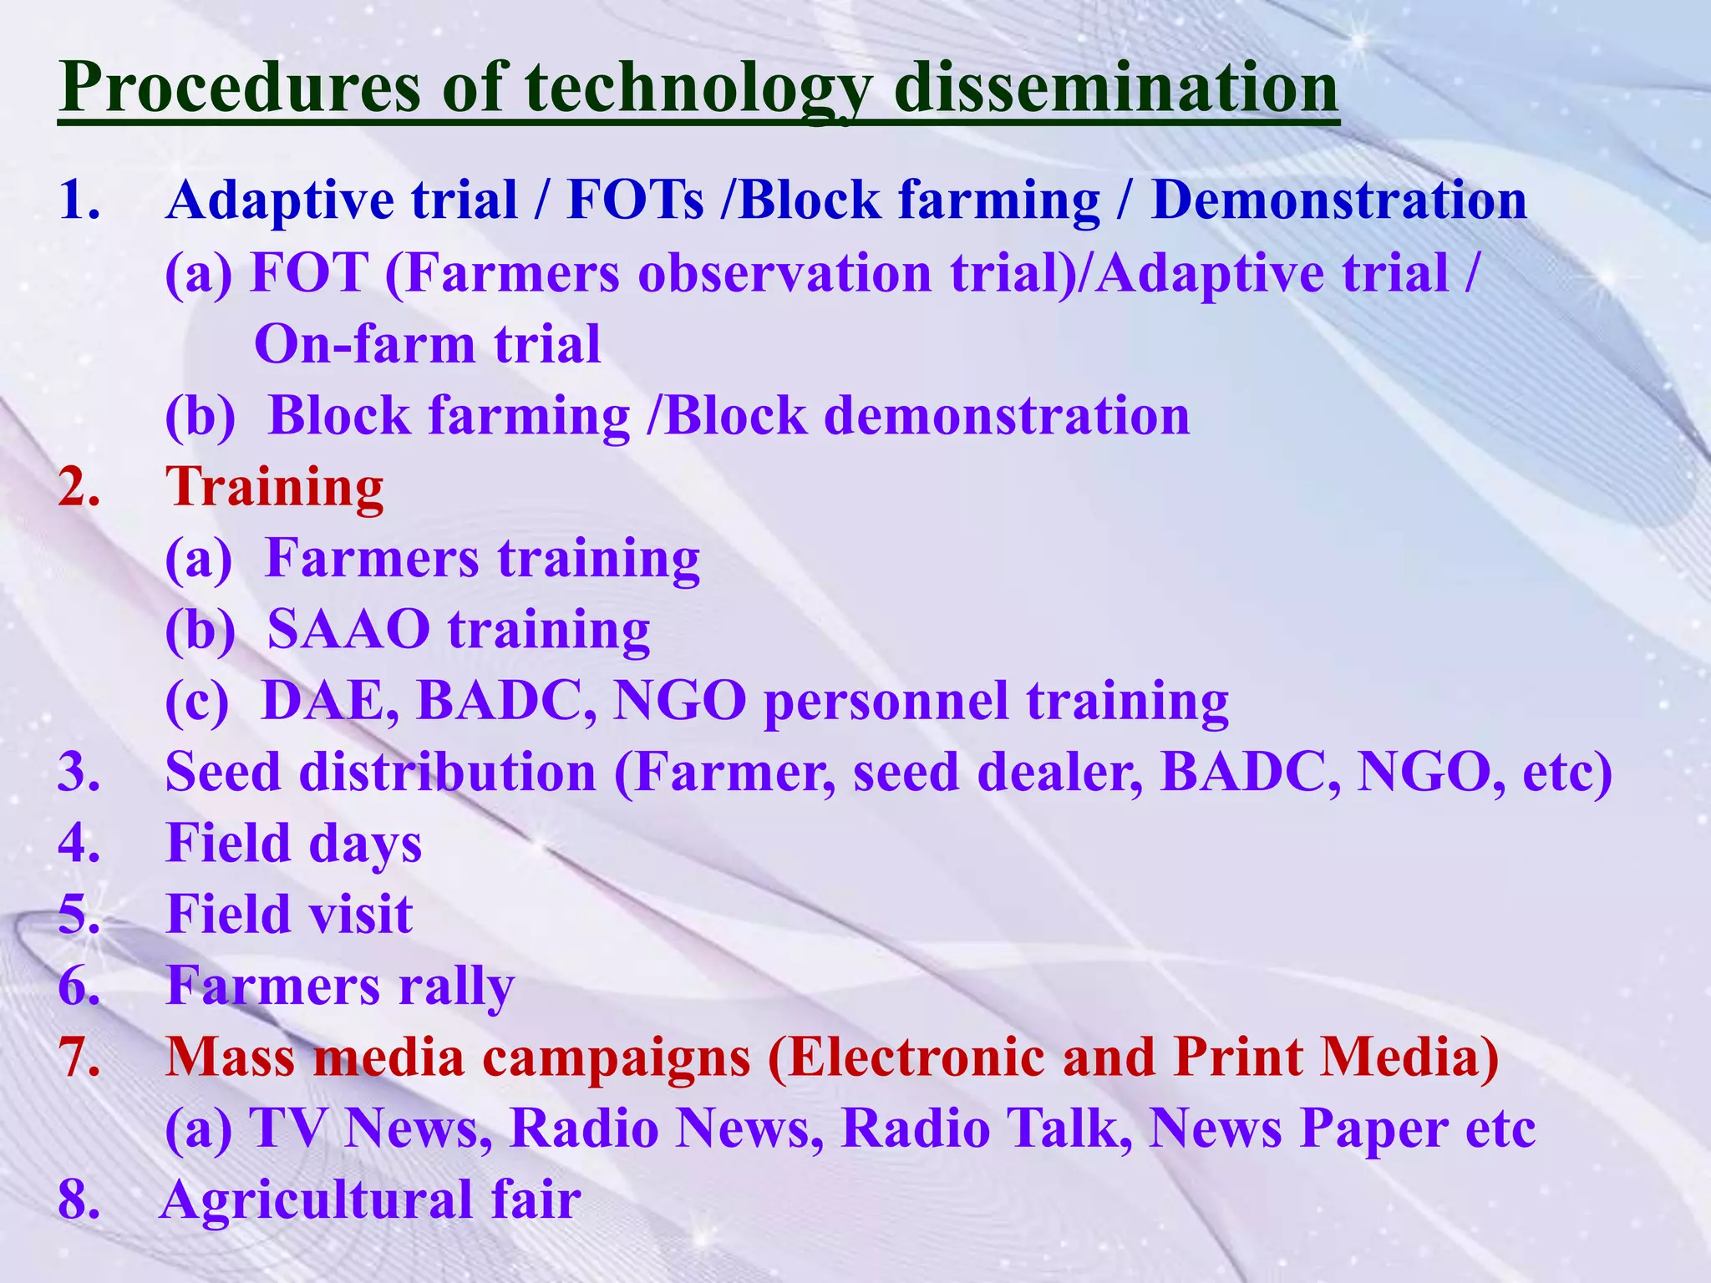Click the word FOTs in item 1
(635, 201)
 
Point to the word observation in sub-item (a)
(784, 273)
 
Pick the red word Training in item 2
(275, 487)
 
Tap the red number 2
(79, 487)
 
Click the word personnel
(886, 701)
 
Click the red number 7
(79, 1057)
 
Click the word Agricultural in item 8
(317, 1200)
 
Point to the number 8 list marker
(79, 1200)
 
